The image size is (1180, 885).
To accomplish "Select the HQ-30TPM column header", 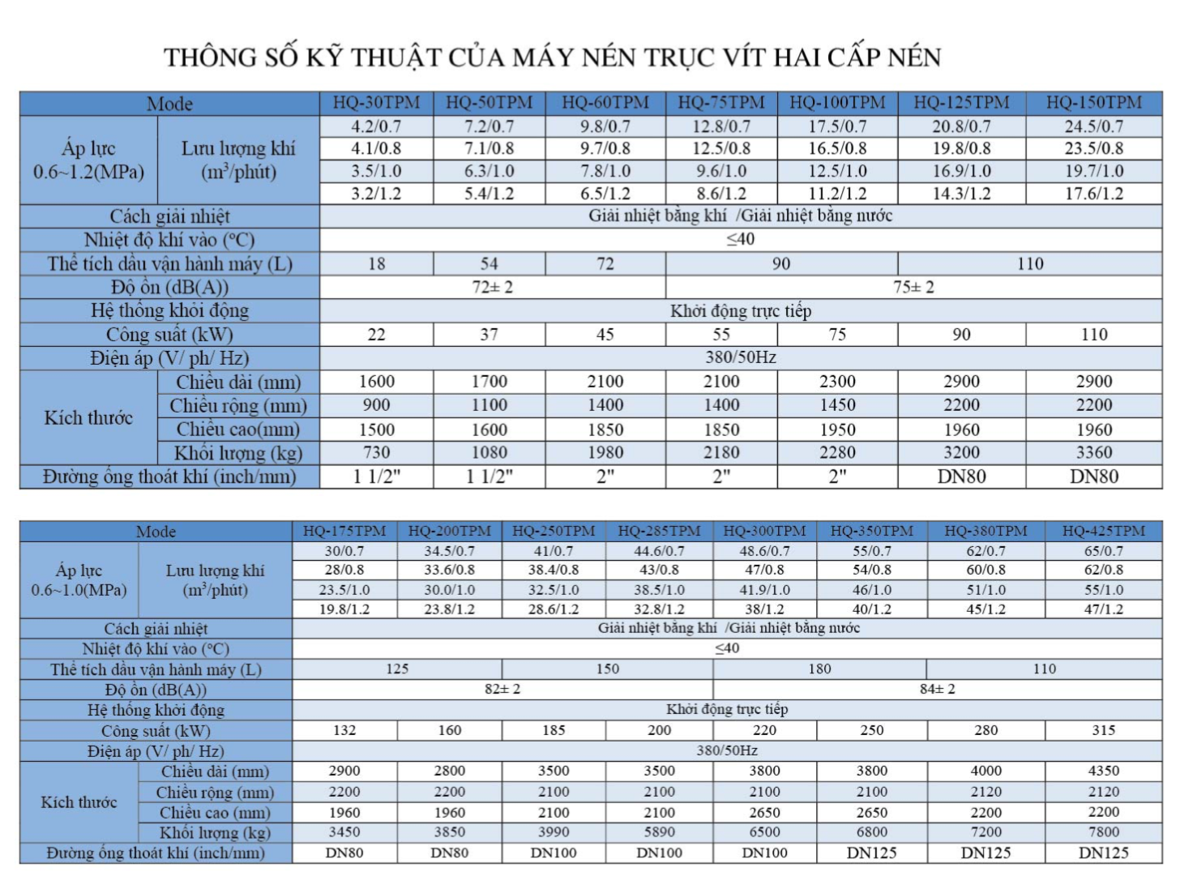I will [x=377, y=103].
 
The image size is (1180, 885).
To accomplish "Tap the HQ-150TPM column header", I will [x=1093, y=103].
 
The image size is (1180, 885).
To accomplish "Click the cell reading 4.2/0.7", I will [x=376, y=126].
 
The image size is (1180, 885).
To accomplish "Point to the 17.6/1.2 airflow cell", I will [x=1094, y=194].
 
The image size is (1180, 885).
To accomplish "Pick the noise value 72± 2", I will [x=493, y=287].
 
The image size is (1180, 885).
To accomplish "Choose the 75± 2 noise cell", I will [x=913, y=287].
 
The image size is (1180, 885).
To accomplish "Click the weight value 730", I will [x=376, y=452].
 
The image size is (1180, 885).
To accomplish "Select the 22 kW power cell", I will [x=376, y=334].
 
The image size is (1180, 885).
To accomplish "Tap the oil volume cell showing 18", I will [x=376, y=263].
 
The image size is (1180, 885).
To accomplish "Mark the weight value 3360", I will [x=1094, y=452].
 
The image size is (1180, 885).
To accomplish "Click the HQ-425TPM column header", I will [x=1104, y=531].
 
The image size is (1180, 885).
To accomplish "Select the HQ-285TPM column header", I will [x=659, y=531].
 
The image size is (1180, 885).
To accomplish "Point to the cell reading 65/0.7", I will [x=1104, y=550].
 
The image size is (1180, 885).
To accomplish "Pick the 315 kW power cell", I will [x=1104, y=729].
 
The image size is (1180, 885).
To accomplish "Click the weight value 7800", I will [x=1104, y=832].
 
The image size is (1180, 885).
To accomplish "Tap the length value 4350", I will [x=1104, y=771].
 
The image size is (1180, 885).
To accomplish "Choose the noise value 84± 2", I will [x=937, y=689].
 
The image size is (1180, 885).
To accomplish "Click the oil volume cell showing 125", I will [x=397, y=669].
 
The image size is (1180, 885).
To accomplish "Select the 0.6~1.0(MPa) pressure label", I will [x=79, y=590].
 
